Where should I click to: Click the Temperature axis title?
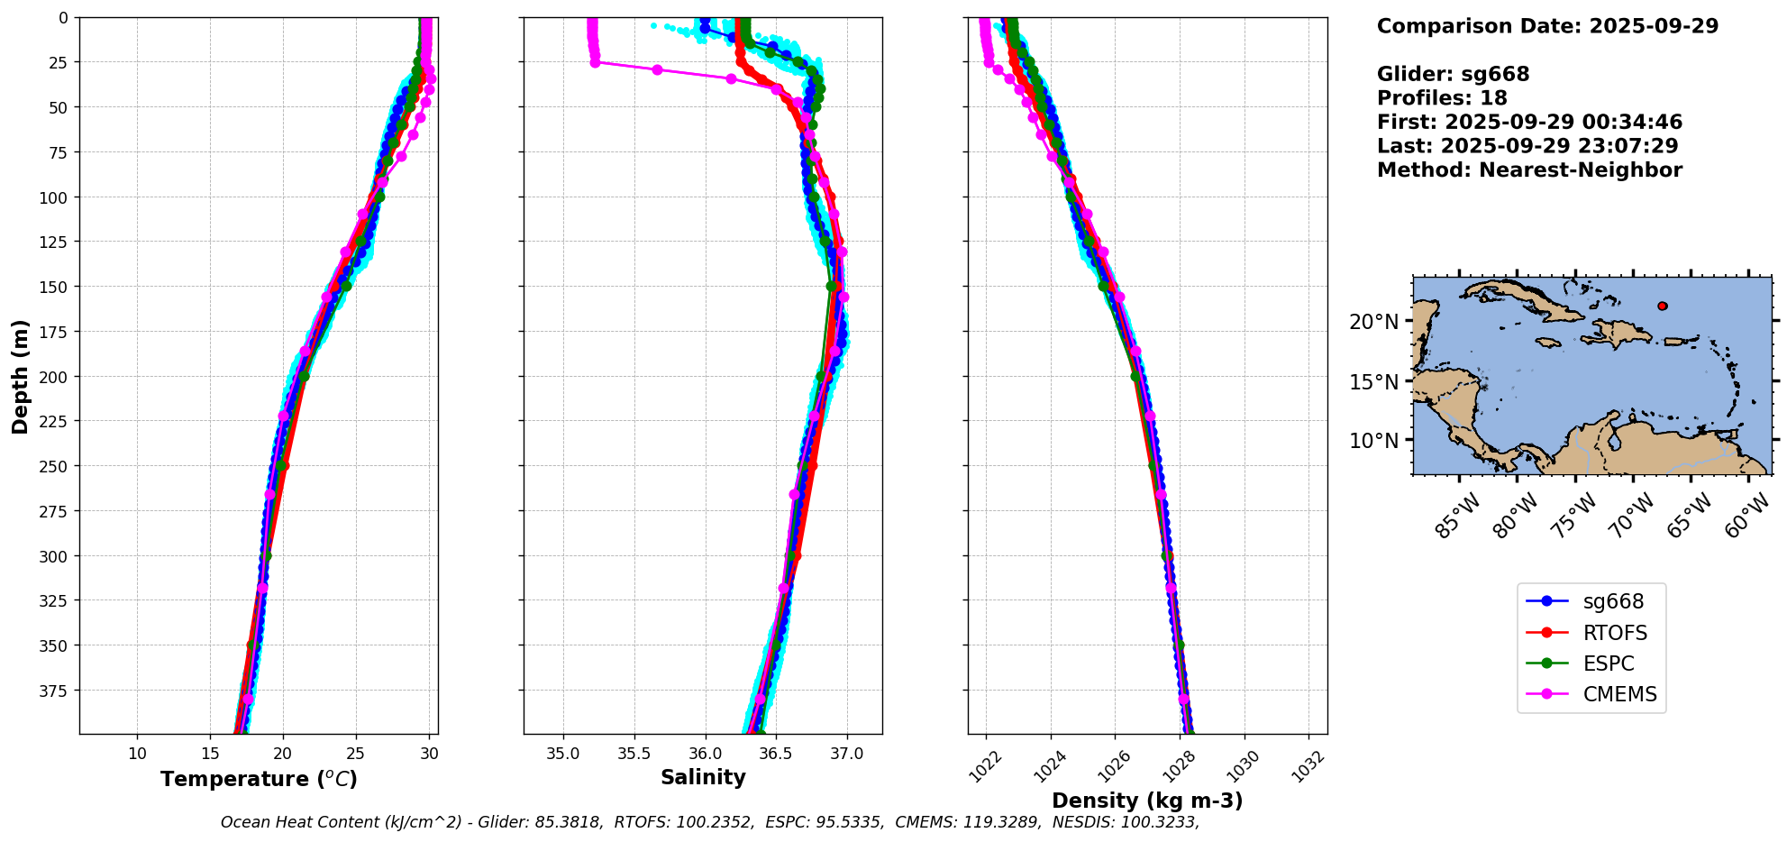(259, 779)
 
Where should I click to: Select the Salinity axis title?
(703, 777)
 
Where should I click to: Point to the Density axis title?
(1147, 801)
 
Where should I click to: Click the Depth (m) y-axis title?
(20, 376)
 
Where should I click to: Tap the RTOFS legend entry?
(1615, 633)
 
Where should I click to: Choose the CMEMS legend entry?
(1619, 694)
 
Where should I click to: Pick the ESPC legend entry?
(1609, 664)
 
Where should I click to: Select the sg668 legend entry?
(1613, 601)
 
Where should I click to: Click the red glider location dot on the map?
(1662, 307)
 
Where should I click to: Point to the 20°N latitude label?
(1373, 322)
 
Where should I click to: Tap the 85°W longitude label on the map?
(1457, 516)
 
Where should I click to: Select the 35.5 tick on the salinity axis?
(634, 753)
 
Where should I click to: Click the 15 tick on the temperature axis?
(210, 753)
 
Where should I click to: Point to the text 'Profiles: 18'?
(1442, 98)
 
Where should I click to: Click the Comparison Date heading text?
(1547, 26)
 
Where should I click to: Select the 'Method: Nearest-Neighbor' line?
(1529, 170)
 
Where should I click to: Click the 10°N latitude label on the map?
(1373, 441)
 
